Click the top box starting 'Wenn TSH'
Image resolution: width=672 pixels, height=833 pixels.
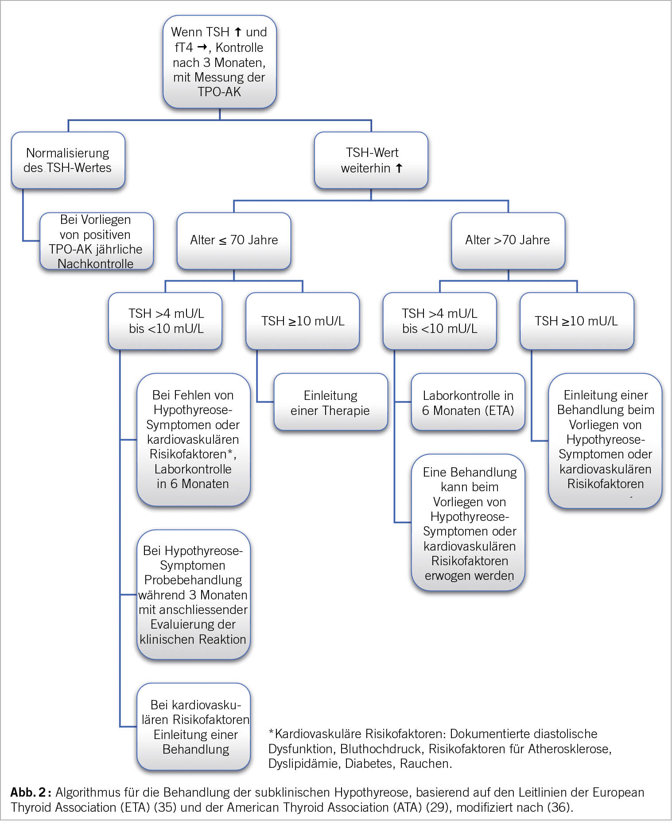(219, 62)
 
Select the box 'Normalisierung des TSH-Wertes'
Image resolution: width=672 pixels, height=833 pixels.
(68, 160)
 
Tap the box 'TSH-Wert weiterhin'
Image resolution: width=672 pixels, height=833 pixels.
(371, 160)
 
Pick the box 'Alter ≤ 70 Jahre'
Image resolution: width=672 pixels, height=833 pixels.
(233, 240)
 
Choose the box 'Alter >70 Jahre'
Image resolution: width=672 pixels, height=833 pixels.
(508, 240)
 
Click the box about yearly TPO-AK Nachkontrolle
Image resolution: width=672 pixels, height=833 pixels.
(96, 242)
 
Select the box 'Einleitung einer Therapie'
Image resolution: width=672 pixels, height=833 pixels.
(330, 403)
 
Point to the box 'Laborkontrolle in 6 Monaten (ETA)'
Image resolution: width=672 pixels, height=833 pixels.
(468, 403)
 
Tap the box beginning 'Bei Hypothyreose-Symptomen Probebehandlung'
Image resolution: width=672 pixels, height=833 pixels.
(193, 594)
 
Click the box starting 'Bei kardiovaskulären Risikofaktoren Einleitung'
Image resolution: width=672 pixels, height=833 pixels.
(194, 727)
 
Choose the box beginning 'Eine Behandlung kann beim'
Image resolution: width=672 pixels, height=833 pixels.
(468, 523)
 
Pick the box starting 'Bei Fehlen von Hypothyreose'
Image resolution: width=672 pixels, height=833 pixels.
(193, 439)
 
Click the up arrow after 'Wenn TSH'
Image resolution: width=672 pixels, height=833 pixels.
(238, 32)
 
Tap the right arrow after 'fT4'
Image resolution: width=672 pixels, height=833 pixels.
(202, 47)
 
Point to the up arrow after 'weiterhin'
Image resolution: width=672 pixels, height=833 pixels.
(399, 168)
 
